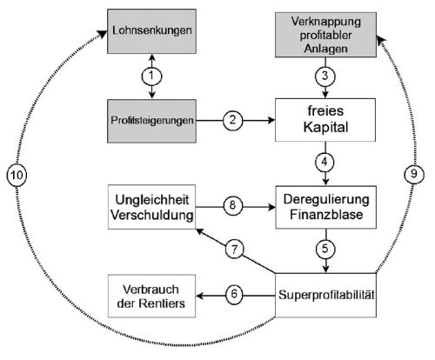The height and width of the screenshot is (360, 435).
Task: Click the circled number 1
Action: (151, 77)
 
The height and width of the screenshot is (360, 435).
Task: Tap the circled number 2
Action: (233, 120)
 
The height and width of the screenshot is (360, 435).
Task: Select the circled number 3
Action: (325, 77)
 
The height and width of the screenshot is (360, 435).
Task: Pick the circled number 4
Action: (325, 162)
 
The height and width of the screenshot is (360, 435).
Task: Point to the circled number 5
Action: (325, 249)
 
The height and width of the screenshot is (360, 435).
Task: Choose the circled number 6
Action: (234, 295)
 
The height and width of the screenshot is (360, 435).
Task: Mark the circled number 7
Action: (234, 249)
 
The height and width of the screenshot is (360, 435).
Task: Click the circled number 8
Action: (233, 205)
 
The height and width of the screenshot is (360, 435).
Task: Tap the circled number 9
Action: (414, 174)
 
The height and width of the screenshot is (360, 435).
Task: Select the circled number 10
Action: (17, 175)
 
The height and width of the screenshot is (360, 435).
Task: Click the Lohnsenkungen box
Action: (151, 31)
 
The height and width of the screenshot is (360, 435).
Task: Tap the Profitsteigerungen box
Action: (151, 121)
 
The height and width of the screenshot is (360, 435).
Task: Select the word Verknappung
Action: (326, 22)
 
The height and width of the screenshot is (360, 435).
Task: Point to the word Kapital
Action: (325, 127)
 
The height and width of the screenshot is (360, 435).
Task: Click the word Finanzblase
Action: (326, 215)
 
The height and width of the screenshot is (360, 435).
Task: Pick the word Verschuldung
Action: (152, 216)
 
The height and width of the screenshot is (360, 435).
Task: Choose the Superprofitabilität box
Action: (325, 295)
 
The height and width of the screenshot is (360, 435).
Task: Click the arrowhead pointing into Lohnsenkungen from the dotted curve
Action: (102, 34)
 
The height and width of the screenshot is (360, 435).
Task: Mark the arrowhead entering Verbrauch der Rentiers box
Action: (200, 296)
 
